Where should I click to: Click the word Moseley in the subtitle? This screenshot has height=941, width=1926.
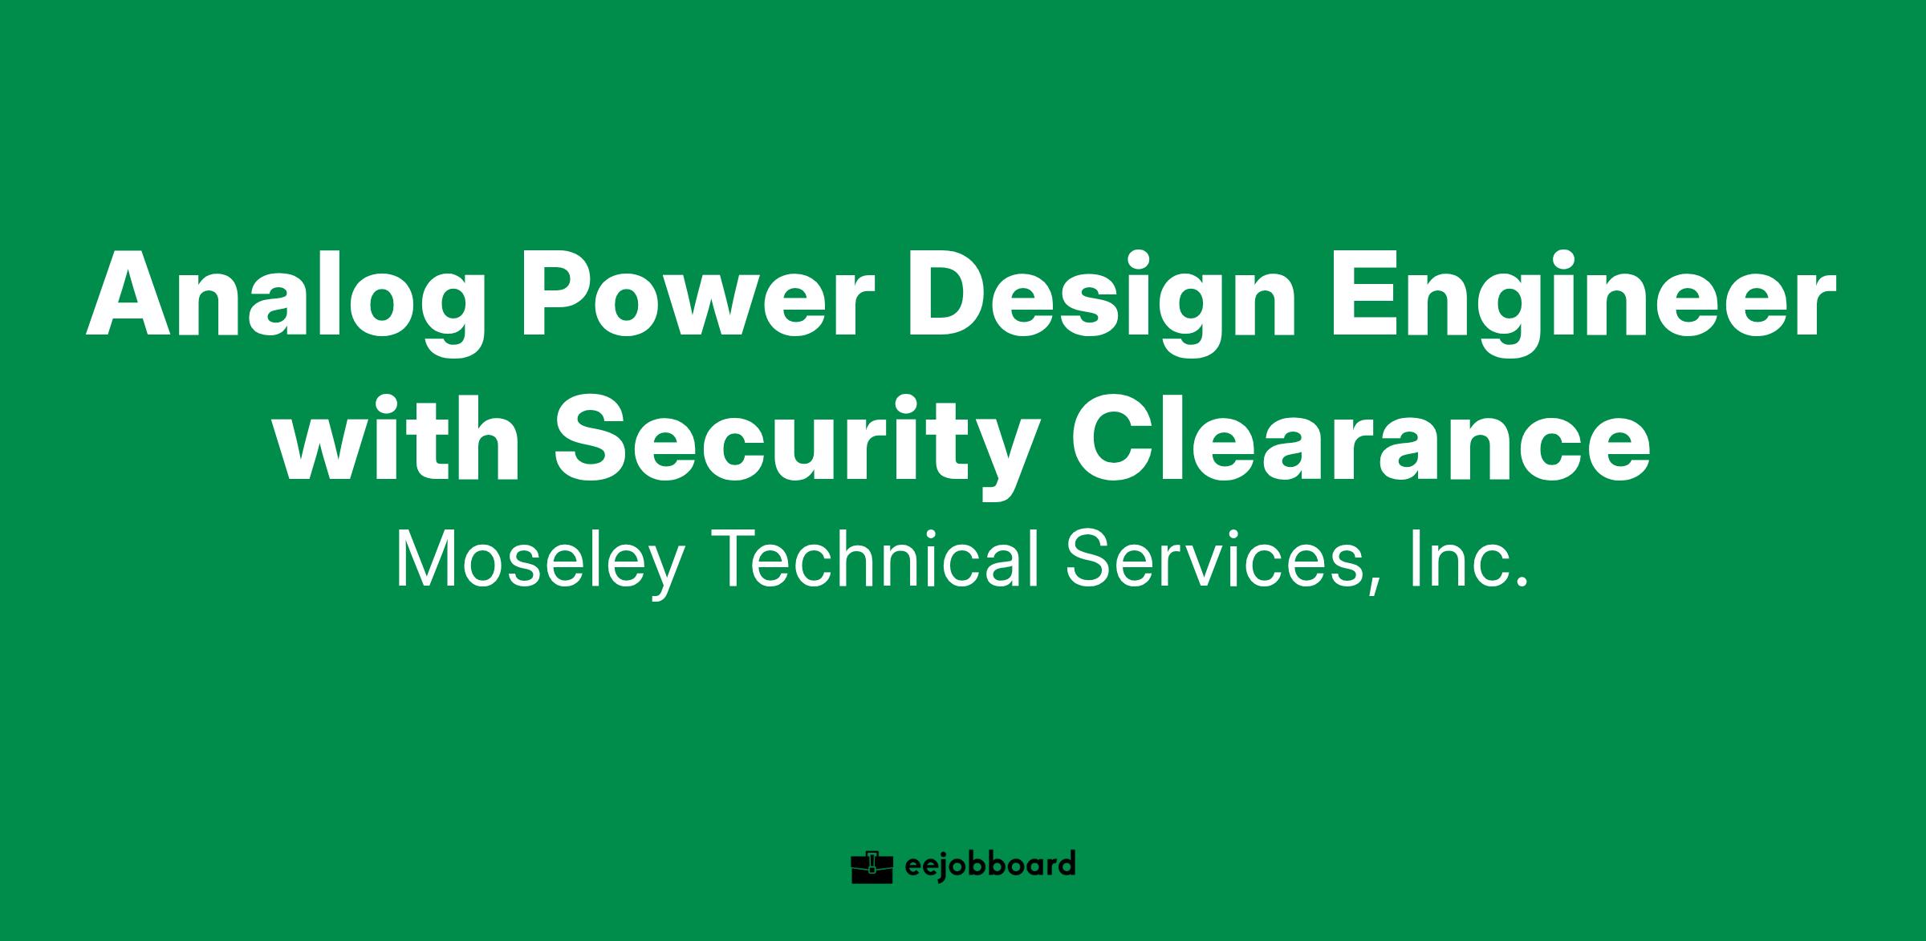[538, 562]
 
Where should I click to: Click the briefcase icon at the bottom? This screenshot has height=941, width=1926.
[872, 866]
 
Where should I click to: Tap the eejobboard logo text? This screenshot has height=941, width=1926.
[989, 866]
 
